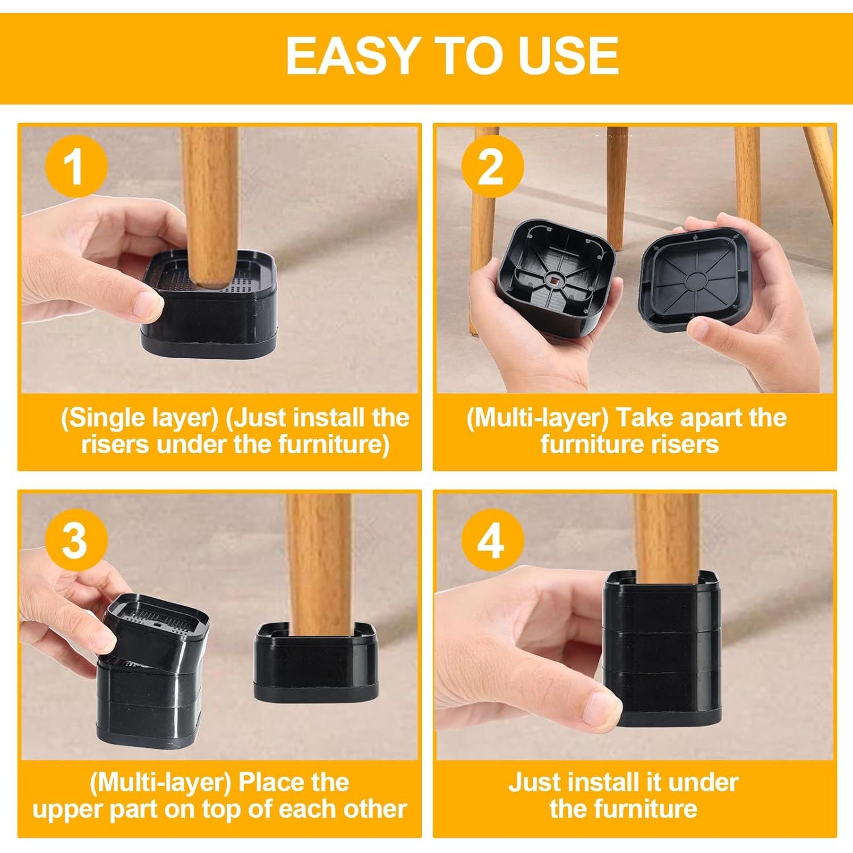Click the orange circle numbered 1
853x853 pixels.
click(x=76, y=167)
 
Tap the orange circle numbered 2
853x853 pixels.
click(x=492, y=167)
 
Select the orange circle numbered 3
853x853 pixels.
click(x=76, y=541)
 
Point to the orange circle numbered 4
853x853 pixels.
click(x=492, y=541)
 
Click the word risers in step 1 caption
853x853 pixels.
click(x=115, y=444)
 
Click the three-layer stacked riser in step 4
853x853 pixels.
click(x=662, y=648)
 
